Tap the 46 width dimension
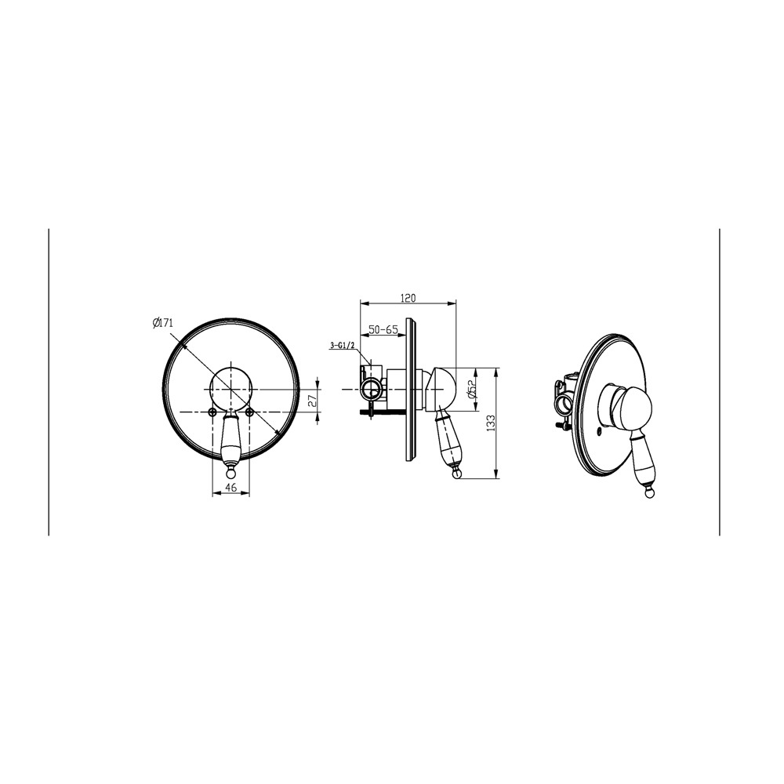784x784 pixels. coord(231,488)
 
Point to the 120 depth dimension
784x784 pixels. coord(408,298)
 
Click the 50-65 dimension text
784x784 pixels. coord(383,329)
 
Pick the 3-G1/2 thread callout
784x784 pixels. coord(342,345)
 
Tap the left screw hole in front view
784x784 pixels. coord(212,412)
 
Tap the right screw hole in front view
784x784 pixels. coord(249,412)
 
